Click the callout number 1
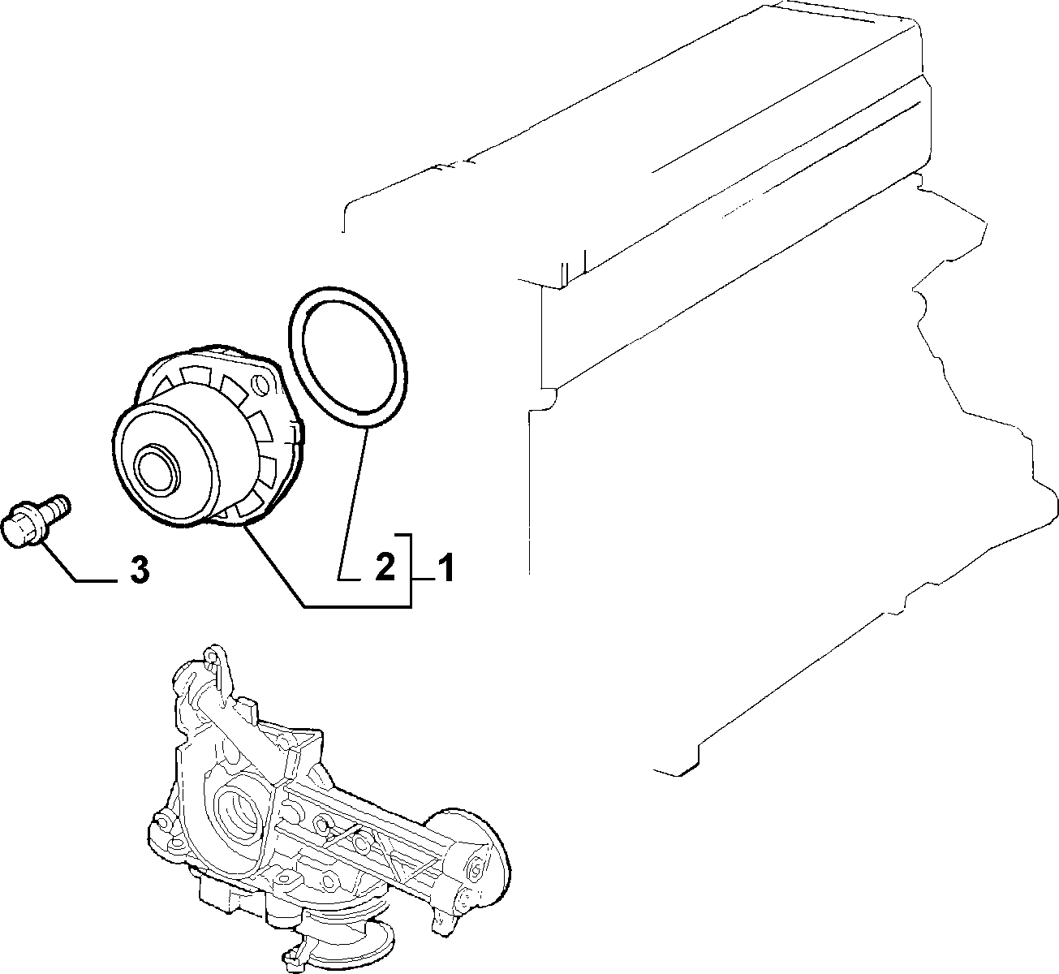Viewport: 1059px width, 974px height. tap(446, 568)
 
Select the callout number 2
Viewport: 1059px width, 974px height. tap(385, 567)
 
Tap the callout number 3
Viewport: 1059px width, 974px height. tap(140, 570)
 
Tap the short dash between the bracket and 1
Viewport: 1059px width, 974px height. tap(424, 580)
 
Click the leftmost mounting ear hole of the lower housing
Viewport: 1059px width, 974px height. tap(160, 824)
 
